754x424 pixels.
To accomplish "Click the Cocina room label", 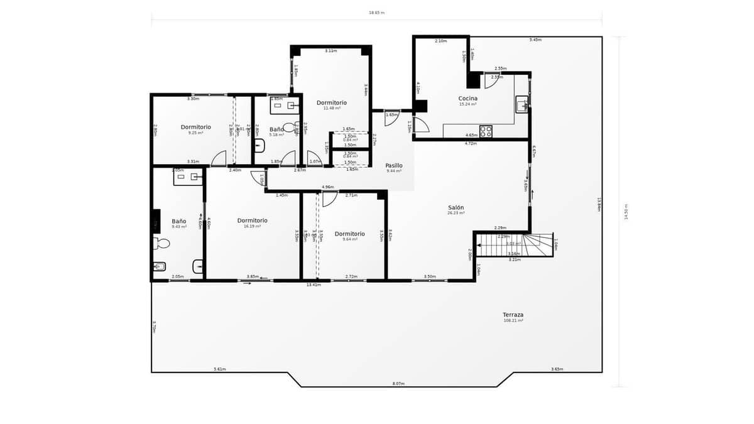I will [x=467, y=99].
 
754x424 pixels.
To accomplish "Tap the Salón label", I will [x=456, y=207].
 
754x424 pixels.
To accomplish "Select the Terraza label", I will [x=513, y=315].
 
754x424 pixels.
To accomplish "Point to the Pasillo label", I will [x=394, y=165].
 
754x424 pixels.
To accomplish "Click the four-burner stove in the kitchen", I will [x=486, y=131].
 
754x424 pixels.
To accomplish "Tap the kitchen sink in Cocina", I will [x=522, y=104].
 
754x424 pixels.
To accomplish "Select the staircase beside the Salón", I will [x=514, y=244].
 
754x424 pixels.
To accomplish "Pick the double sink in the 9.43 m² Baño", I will [x=188, y=177].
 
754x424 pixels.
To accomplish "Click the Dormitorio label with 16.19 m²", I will [x=252, y=220].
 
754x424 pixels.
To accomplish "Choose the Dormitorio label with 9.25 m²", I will [x=195, y=127].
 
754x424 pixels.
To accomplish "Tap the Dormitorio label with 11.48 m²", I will [x=331, y=102].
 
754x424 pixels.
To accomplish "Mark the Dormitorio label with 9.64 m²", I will [x=350, y=234].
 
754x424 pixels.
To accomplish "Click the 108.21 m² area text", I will [x=513, y=320].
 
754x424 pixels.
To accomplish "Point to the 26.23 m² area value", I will [x=456, y=213].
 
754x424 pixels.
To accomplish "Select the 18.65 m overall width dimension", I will [x=376, y=13].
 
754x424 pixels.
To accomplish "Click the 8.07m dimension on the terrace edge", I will [x=398, y=383].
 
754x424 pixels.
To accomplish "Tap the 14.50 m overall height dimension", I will [x=625, y=211].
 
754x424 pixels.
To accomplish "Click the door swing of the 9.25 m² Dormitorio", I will [x=219, y=158].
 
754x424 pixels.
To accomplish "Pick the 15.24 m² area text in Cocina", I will [x=467, y=104].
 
